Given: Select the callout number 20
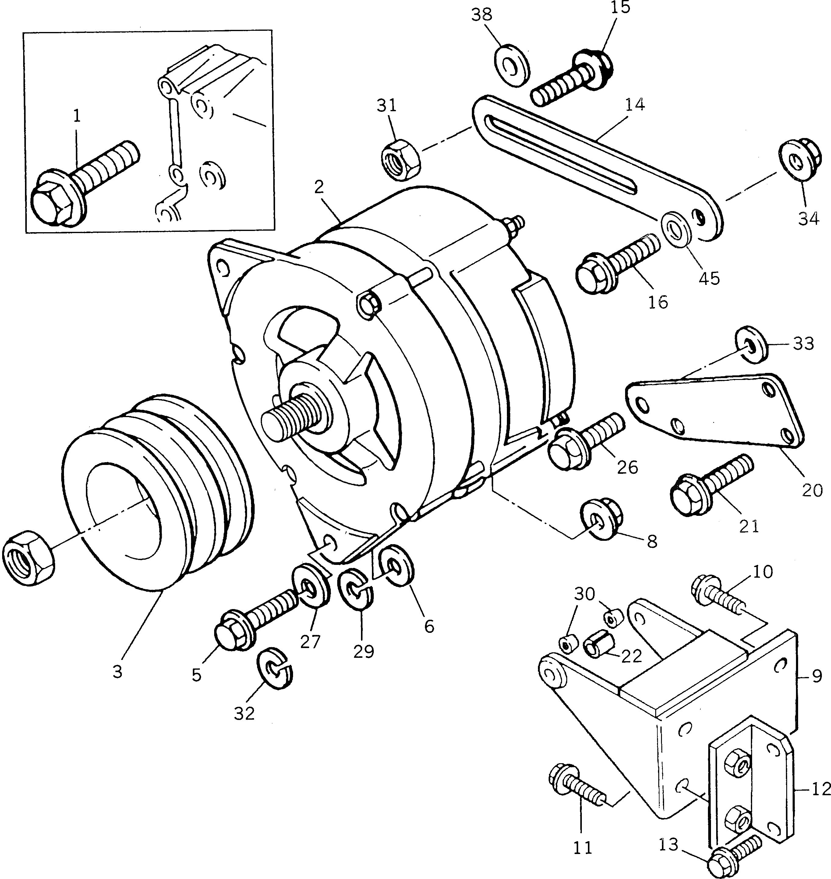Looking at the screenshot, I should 812,490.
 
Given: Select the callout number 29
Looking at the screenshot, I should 363,651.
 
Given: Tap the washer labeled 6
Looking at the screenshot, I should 397,567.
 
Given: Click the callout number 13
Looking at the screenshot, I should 668,845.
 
